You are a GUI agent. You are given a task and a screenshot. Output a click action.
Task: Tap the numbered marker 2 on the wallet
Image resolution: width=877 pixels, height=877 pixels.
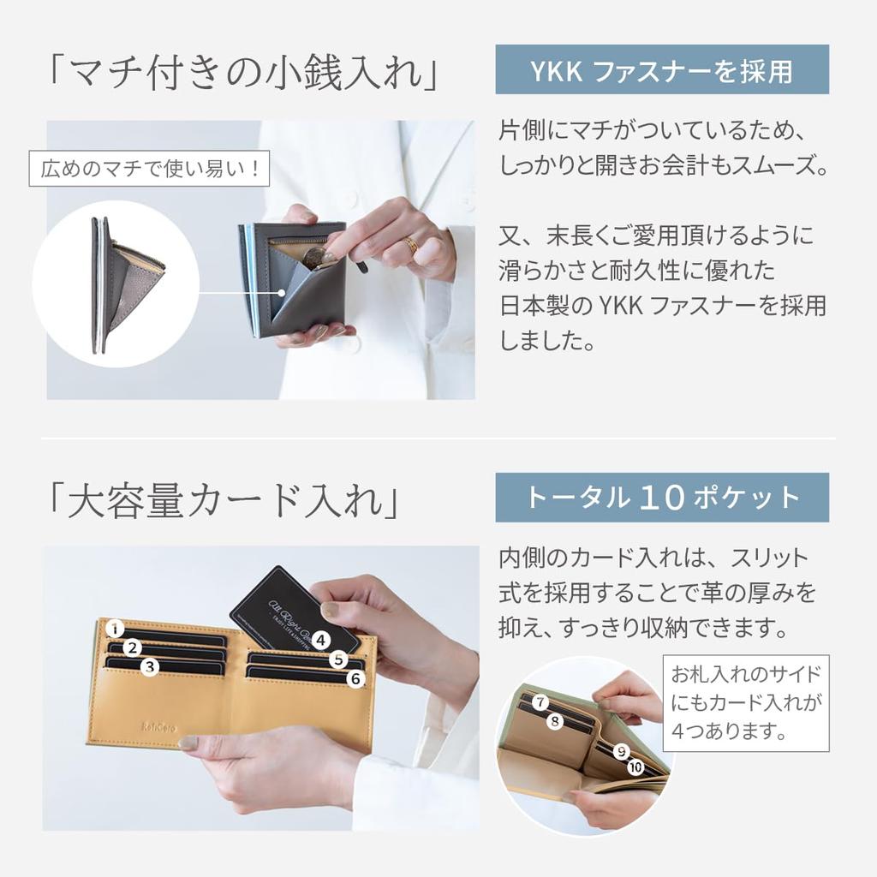(x=133, y=648)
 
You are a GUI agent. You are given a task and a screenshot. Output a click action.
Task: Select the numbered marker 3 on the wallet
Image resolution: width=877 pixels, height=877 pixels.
(x=150, y=666)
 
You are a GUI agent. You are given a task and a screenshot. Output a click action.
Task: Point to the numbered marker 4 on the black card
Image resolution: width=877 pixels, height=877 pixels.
(x=320, y=639)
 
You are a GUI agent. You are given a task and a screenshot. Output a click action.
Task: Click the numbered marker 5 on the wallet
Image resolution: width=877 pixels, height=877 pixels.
(x=339, y=659)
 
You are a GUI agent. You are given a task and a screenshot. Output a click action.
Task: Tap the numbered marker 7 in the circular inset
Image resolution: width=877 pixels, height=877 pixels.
(x=540, y=703)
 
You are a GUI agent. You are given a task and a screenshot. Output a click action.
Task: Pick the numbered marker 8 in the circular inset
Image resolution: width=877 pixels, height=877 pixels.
(x=555, y=722)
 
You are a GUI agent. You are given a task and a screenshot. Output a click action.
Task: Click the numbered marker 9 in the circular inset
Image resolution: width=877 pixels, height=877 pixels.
(x=622, y=752)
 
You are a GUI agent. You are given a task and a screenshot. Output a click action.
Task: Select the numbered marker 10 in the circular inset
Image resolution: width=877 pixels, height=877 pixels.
(x=635, y=767)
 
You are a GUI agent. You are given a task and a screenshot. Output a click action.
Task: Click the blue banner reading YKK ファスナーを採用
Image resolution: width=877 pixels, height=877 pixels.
(x=662, y=70)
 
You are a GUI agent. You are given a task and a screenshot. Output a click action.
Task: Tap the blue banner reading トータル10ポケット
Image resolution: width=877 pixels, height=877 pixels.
(x=662, y=498)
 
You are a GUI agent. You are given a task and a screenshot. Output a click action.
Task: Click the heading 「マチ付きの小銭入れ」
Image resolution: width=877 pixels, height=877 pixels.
(x=242, y=73)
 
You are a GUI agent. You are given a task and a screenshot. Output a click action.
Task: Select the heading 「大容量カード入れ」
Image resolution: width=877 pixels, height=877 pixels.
(x=224, y=501)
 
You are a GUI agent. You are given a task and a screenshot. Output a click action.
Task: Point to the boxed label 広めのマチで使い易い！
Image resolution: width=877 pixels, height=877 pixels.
(x=150, y=169)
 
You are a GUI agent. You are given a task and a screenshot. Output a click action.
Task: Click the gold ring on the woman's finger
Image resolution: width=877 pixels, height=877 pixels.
(x=412, y=245)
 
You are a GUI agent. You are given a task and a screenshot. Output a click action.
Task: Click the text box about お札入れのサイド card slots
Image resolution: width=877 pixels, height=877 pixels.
(x=746, y=702)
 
